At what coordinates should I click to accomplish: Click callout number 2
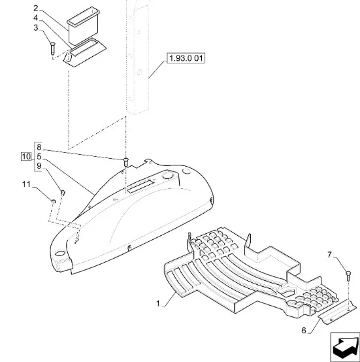35,8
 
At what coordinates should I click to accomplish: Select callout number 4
35,18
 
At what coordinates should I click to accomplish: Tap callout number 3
35,28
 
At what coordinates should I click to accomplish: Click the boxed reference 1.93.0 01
186,58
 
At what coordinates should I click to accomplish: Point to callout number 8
39,147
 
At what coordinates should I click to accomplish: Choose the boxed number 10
26,157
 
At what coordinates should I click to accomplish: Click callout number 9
39,166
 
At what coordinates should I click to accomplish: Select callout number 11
26,184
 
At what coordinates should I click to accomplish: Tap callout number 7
329,255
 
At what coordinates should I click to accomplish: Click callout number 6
304,331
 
